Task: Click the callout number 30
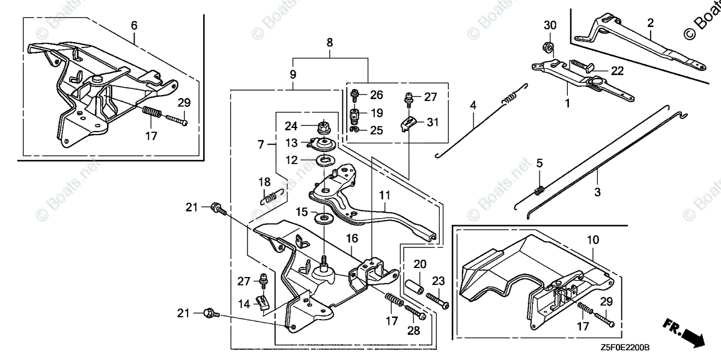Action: pyautogui.click(x=550, y=26)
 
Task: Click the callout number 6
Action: pyautogui.click(x=134, y=26)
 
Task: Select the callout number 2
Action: pyautogui.click(x=651, y=23)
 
